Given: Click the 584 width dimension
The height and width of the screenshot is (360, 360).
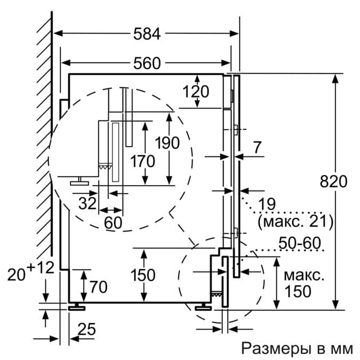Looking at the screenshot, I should [146, 34].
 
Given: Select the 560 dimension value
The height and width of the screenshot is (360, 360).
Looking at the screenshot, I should [146, 63].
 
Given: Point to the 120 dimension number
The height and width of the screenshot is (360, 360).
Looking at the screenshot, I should [196, 92].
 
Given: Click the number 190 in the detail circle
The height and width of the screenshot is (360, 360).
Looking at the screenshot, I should [167, 143].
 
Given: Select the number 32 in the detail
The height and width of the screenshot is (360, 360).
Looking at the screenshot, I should [87, 203].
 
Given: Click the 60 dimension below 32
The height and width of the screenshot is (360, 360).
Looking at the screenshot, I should [113, 223].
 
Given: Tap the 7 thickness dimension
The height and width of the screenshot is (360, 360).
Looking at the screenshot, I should [258, 148].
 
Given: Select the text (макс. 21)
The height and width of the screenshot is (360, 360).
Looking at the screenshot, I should [295, 220].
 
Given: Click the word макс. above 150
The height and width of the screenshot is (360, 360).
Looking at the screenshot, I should [303, 276].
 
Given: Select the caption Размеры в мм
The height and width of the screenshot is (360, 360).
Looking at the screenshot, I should [297, 349].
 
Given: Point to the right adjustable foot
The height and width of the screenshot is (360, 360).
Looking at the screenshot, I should [203, 306].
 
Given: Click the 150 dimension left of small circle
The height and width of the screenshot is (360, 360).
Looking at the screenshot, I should [142, 275].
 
